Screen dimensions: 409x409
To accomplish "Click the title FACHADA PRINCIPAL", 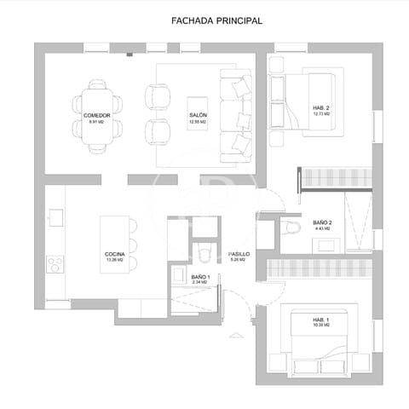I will [204, 20].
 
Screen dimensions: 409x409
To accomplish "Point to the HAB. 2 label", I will [321, 107].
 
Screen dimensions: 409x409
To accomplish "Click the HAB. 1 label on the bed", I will [320, 320].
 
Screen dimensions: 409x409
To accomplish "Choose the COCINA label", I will [116, 254].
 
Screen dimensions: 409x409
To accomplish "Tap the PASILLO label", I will [239, 254].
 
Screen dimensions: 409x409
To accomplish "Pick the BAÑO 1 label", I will [200, 277].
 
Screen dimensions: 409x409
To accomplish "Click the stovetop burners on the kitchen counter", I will [55, 264].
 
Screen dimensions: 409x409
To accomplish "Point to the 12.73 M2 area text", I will [321, 113].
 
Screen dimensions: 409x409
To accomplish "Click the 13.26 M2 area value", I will [116, 261].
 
